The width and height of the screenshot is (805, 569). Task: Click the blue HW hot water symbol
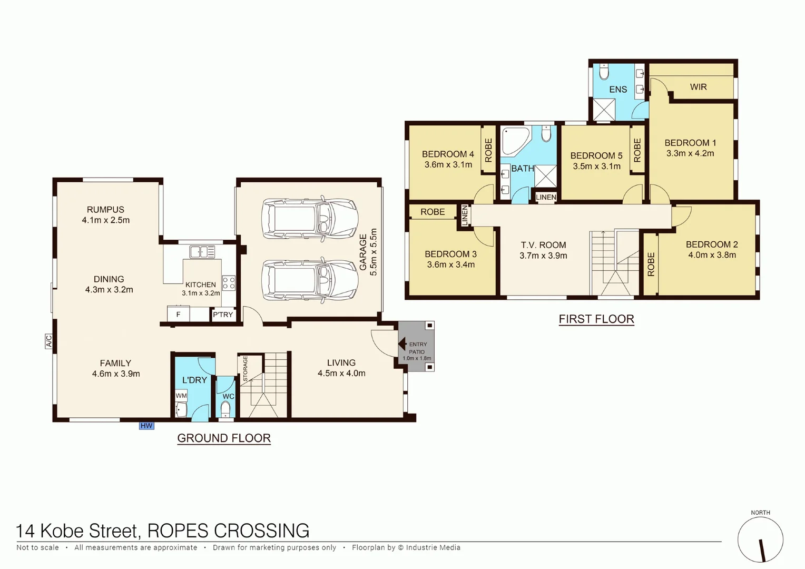point(146,426)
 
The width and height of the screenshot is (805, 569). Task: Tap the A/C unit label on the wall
point(48,341)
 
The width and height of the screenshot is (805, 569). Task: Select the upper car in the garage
point(310,219)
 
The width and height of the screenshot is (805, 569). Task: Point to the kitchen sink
point(202,252)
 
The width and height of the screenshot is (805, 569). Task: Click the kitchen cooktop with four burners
point(229,283)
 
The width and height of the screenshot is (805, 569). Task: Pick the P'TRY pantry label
point(223,315)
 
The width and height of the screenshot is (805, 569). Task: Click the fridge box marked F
point(178,315)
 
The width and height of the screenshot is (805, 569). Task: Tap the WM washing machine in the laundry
point(181,396)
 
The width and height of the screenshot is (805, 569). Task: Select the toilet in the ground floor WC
point(225,409)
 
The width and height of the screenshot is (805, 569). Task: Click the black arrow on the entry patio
point(402,345)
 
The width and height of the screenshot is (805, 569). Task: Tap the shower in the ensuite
point(604,109)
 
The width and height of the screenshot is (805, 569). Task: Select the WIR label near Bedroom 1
point(698,87)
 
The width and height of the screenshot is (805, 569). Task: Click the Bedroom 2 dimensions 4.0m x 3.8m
point(712,255)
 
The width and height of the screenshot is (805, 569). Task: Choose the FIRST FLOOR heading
point(596,319)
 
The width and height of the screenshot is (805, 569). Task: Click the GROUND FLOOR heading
point(224,438)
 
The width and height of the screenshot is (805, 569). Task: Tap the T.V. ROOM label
point(543,245)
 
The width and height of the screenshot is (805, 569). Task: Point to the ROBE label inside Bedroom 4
point(488,150)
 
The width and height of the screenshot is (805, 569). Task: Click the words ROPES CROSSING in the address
point(228,531)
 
